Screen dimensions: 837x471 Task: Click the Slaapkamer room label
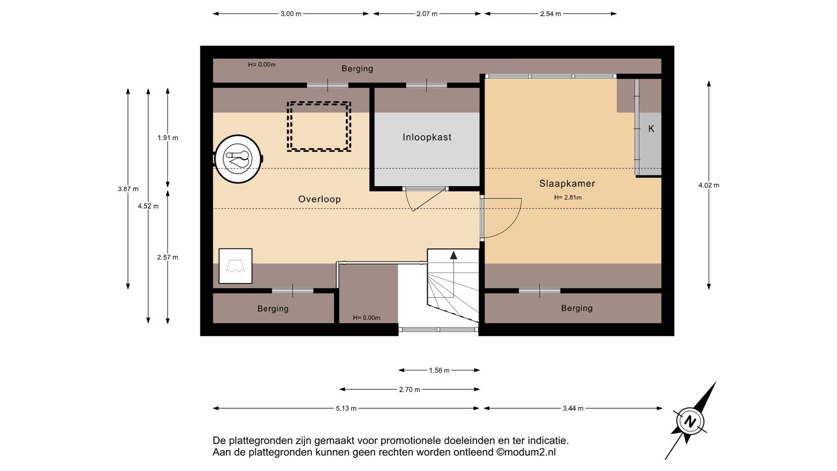click(567, 184)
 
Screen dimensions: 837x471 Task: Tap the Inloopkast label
click(427, 137)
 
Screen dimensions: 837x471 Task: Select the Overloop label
click(320, 199)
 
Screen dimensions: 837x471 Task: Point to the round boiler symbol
click(238, 159)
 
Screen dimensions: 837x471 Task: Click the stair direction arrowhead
click(453, 255)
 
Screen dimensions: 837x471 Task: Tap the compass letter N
click(690, 422)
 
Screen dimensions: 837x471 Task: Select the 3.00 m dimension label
click(291, 14)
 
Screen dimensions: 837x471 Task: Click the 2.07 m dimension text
click(427, 14)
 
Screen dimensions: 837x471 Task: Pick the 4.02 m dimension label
click(709, 185)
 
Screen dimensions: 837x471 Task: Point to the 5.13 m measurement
click(346, 409)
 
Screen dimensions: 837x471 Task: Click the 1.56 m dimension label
click(439, 370)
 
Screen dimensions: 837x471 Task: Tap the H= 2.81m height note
click(567, 197)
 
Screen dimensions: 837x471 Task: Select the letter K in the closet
click(651, 129)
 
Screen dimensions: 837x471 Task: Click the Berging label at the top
click(357, 69)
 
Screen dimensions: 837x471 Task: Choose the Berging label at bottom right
click(577, 308)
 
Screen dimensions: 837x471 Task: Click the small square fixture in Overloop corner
click(235, 266)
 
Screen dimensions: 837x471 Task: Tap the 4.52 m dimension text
click(148, 206)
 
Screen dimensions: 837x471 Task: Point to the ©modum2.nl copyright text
click(526, 452)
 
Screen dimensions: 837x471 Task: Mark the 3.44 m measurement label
click(573, 409)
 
